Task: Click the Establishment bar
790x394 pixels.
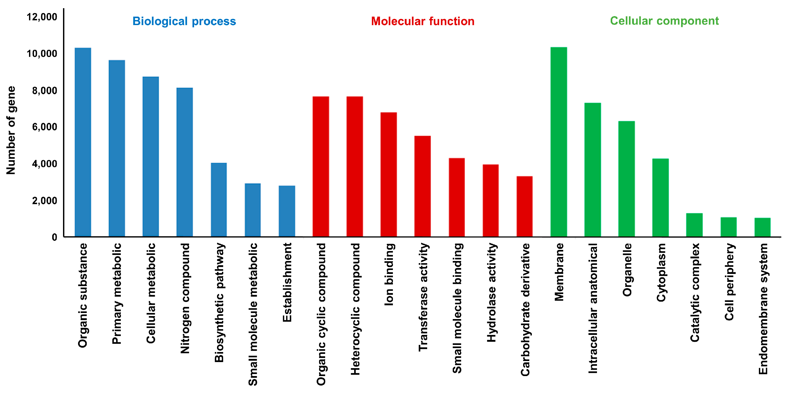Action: point(287,211)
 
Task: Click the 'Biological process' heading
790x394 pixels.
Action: point(184,21)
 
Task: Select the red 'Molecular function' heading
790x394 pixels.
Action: point(423,21)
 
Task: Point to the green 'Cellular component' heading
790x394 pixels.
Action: point(664,21)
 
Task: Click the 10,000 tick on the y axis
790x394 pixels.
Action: point(42,54)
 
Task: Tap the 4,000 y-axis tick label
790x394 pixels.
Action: point(45,164)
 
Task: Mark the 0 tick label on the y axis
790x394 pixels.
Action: point(54,237)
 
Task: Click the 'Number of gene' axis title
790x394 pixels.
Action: point(11,130)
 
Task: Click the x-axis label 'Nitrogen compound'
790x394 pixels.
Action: point(185,298)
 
